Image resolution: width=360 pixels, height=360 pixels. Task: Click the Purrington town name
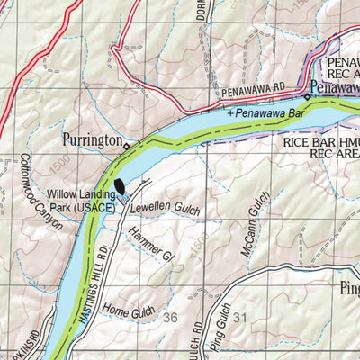click(x=93, y=140)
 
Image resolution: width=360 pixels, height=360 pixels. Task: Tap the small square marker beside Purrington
click(x=127, y=146)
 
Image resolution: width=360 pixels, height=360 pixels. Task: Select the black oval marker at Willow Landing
click(x=120, y=187)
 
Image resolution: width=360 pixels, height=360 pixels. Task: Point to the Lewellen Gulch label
click(x=164, y=209)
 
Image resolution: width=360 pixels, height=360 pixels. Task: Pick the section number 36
click(x=170, y=317)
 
